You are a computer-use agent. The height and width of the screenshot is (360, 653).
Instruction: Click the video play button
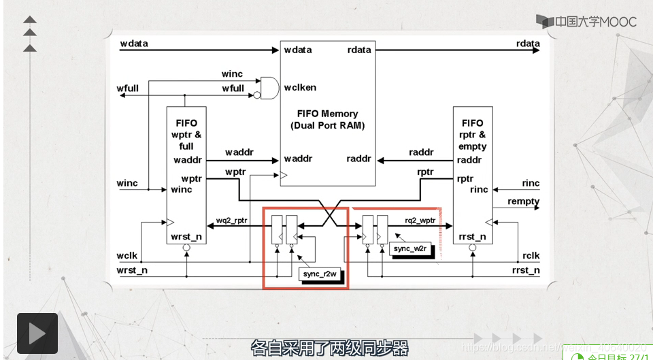(37, 333)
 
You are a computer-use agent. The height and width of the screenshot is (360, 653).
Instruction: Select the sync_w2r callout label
(410, 249)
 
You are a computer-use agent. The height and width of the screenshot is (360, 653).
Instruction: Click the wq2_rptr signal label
(233, 220)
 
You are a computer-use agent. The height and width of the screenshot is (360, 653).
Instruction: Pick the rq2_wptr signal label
(420, 220)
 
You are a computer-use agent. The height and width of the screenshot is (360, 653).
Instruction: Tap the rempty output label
(523, 201)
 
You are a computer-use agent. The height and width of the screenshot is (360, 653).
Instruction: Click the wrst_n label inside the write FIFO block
(186, 237)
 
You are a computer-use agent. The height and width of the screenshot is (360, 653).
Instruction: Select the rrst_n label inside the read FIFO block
(472, 237)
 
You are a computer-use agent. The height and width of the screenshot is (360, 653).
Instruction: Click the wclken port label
(300, 87)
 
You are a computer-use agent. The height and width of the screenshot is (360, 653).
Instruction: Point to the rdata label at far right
(528, 44)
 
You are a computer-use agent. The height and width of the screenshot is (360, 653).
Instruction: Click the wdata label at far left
(134, 44)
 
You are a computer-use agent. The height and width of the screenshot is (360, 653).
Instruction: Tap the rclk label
(531, 256)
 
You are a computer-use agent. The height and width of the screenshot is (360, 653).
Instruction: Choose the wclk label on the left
(127, 256)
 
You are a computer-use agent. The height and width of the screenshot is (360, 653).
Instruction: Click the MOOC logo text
(587, 22)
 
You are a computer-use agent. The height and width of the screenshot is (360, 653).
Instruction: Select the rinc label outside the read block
(531, 183)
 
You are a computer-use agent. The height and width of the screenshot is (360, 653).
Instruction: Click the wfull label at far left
(128, 88)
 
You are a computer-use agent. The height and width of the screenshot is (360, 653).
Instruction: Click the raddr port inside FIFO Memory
(358, 159)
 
